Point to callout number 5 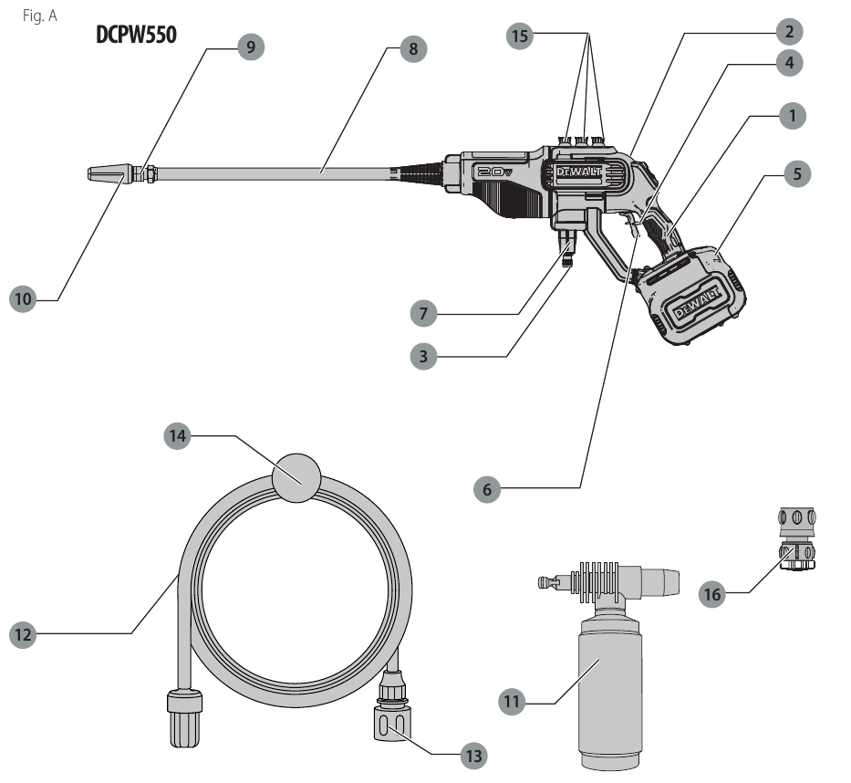point(797,173)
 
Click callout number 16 point(712,594)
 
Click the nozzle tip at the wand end point(108,172)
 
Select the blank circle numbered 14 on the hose point(296,475)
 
